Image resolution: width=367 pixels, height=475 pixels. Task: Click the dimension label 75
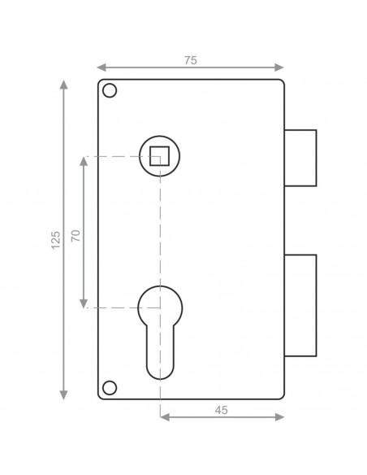pyautogui.click(x=191, y=60)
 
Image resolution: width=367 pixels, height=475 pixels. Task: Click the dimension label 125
pyautogui.click(x=56, y=240)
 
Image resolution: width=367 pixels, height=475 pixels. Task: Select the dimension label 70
pyautogui.click(x=76, y=235)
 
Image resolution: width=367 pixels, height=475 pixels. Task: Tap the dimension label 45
pyautogui.click(x=222, y=410)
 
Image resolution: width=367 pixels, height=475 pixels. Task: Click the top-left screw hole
pyautogui.click(x=110, y=90)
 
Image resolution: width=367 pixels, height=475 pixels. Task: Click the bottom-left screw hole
pyautogui.click(x=110, y=388)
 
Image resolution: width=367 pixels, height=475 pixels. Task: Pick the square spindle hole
pyautogui.click(x=160, y=156)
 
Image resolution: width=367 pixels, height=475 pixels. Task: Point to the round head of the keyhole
pyautogui.click(x=160, y=305)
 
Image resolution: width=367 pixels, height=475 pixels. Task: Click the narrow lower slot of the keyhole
pyautogui.click(x=160, y=352)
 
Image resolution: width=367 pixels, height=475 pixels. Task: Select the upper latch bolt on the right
pyautogui.click(x=300, y=158)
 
